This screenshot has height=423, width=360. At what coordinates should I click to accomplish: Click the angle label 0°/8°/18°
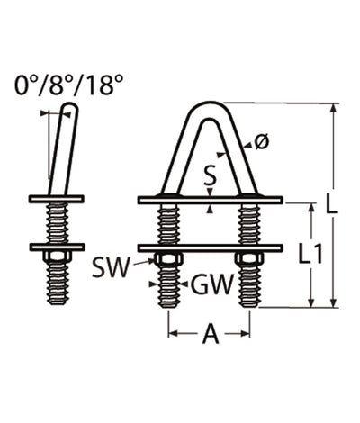pyautogui.click(x=68, y=86)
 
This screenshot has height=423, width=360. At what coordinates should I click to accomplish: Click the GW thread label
pyautogui.click(x=213, y=285)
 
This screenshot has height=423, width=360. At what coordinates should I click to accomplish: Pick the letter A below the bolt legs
pyautogui.click(x=210, y=335)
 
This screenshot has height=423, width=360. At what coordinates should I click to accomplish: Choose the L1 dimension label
pyautogui.click(x=311, y=255)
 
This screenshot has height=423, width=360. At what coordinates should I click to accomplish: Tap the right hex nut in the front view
pyautogui.click(x=248, y=260)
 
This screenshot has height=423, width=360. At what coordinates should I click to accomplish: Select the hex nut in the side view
pyautogui.click(x=57, y=259)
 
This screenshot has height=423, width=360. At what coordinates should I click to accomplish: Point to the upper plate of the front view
pyautogui.click(x=210, y=200)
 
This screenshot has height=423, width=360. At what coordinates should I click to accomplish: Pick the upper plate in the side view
pyautogui.click(x=57, y=199)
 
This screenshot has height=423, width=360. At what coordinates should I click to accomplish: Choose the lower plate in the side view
pyautogui.click(x=57, y=247)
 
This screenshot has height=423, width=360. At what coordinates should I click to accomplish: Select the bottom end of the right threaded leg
pyautogui.click(x=248, y=303)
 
